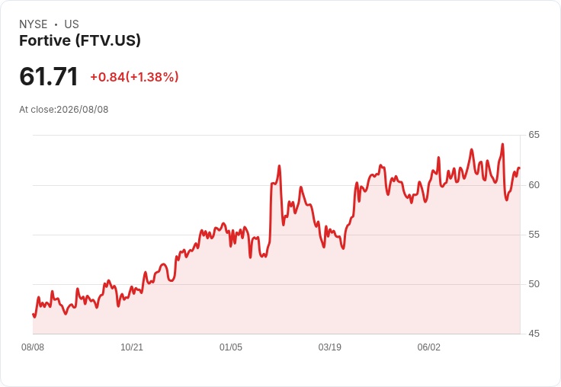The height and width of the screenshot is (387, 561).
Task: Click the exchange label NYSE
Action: click(34, 24)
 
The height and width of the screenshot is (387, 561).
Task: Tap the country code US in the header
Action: click(72, 24)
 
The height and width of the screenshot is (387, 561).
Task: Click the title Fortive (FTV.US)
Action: click(80, 40)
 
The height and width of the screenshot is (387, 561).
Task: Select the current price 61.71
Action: click(49, 76)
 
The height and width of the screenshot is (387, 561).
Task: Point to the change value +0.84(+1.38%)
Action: click(134, 77)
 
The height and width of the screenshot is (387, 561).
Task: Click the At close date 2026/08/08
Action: click(82, 110)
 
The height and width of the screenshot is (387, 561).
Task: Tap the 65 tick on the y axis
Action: click(534, 135)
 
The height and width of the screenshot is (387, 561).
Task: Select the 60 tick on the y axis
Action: click(534, 185)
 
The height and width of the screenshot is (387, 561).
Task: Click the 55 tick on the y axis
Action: click(534, 235)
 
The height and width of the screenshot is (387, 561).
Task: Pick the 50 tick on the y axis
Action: click(534, 284)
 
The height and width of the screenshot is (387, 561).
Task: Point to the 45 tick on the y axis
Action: click(534, 334)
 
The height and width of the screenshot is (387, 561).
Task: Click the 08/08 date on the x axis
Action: click(33, 347)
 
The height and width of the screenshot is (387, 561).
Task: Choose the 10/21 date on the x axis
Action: click(132, 347)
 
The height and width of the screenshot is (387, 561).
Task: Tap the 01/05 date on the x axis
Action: click(231, 347)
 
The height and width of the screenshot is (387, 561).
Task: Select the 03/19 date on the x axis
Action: click(330, 347)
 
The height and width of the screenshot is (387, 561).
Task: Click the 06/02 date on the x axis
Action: click(429, 347)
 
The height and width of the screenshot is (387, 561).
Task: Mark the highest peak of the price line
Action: click(502, 144)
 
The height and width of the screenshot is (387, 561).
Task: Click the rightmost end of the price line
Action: click(519, 168)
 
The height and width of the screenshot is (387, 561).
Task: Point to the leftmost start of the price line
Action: click(33, 315)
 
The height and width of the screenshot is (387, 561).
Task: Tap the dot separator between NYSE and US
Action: click(56, 24)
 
